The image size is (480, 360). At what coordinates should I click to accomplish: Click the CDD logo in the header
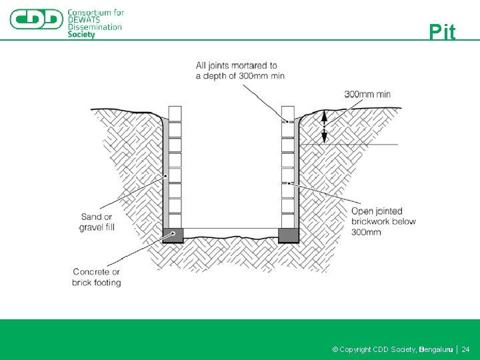coord(37,19)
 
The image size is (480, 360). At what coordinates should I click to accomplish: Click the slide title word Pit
coord(442,31)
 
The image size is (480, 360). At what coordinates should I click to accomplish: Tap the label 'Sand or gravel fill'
coord(97,222)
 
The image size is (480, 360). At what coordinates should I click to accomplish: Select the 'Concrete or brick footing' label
coord(97,277)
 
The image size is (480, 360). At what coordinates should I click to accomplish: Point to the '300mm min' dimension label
coord(367,94)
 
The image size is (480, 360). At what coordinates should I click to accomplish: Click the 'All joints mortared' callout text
coord(240,71)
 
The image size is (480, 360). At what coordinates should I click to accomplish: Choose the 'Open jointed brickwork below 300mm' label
coord(383,221)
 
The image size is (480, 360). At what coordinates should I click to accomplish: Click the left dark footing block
coord(173,235)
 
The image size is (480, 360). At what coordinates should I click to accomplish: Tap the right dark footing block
coord(289,235)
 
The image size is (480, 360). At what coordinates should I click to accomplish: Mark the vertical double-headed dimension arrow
coord(325,127)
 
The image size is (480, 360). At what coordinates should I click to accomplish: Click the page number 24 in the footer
coord(465,349)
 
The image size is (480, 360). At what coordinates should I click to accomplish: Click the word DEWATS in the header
coord(84,20)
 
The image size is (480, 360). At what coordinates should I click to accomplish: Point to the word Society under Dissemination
coord(81,35)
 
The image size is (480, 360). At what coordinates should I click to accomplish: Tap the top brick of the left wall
coord(175,113)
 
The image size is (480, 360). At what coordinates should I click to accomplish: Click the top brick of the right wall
coord(288,113)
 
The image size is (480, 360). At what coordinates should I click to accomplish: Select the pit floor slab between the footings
coord(231,233)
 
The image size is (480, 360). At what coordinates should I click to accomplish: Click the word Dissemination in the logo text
coord(95,27)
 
